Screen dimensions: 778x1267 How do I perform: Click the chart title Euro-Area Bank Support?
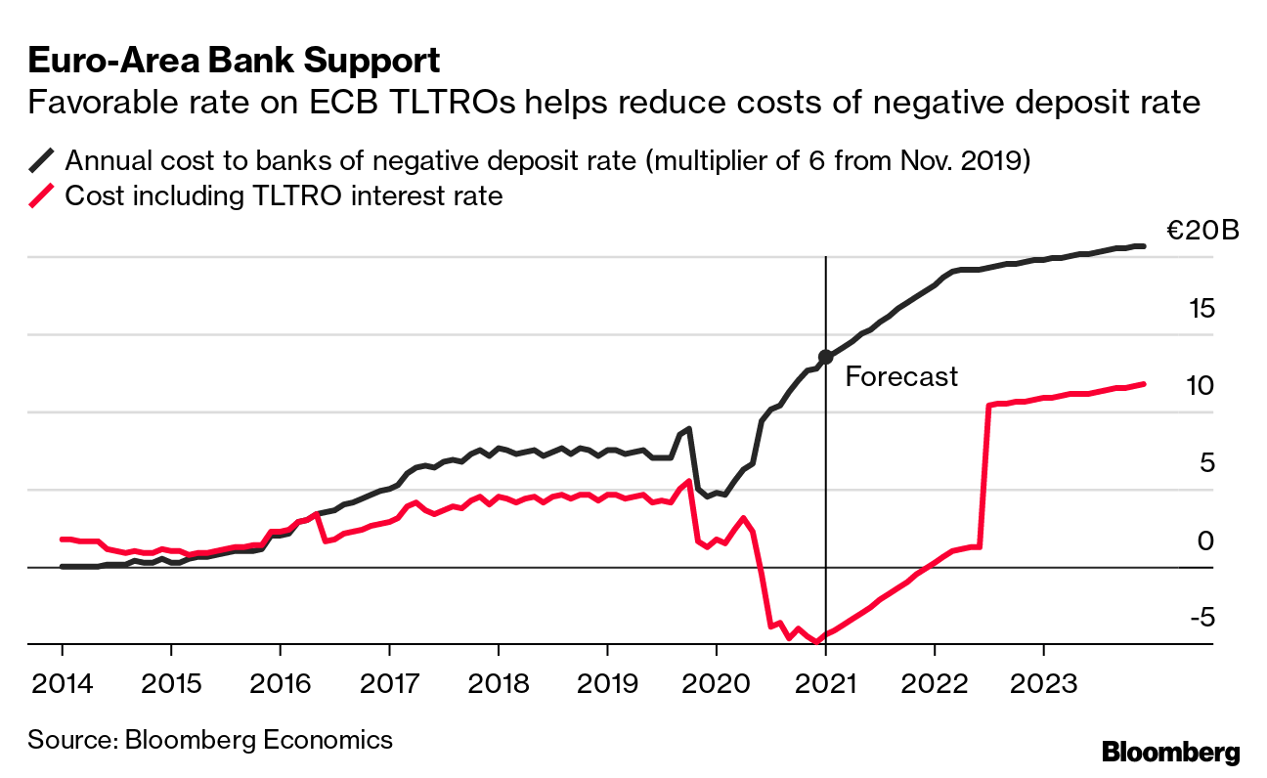[x=234, y=61]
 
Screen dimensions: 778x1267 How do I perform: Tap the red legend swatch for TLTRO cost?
[x=43, y=196]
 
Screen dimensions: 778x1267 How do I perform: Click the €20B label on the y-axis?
[x=1201, y=232]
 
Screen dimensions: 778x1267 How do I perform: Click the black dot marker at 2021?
[x=826, y=357]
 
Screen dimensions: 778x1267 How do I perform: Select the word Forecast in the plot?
[x=901, y=377]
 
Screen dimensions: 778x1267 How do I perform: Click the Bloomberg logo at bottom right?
[x=1170, y=752]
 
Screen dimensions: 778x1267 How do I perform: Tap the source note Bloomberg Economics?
[x=210, y=739]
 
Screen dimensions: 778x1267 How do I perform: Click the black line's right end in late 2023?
[x=1143, y=246]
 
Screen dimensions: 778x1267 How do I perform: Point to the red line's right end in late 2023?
[x=1143, y=384]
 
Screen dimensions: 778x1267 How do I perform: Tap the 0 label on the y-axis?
[x=1204, y=540]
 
